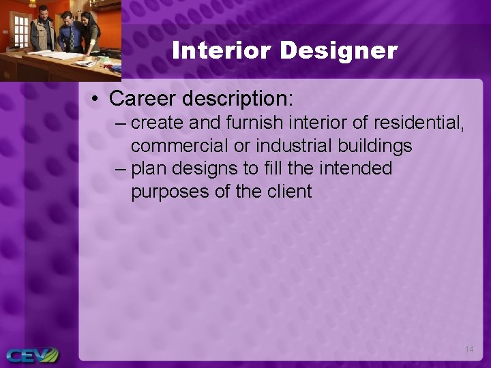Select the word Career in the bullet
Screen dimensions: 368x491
point(142,98)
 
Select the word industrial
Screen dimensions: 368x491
point(292,146)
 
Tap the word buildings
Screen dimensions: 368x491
point(374,146)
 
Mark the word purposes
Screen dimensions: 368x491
point(170,191)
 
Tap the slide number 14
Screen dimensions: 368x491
point(468,350)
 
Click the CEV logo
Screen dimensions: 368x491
point(32,355)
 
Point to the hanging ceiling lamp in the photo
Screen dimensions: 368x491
point(32,4)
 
